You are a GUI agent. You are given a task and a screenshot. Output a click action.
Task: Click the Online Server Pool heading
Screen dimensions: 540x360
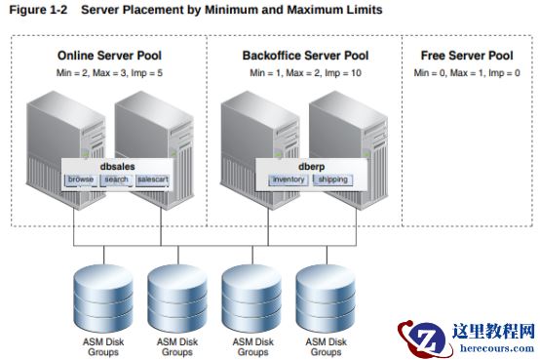point(109,56)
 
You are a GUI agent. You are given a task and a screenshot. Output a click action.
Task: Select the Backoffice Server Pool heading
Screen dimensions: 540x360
point(305,56)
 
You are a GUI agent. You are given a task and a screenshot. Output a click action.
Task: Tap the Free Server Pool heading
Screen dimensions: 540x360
point(467,56)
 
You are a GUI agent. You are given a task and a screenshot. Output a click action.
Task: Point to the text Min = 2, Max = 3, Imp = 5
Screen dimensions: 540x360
point(109,73)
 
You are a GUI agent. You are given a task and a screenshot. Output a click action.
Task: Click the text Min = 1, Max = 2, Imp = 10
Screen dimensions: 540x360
point(305,73)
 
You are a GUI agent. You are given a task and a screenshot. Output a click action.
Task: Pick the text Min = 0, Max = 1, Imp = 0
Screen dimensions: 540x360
point(467,73)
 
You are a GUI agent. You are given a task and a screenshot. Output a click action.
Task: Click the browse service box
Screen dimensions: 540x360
point(81,180)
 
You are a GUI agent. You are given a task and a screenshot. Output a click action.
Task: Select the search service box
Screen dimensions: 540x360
point(116,180)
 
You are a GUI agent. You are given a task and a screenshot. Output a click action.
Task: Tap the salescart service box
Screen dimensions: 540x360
point(153,180)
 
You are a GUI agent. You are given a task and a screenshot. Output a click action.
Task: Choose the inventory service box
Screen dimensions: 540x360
point(289,180)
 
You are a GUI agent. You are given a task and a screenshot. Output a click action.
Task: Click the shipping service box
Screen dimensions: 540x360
point(333,180)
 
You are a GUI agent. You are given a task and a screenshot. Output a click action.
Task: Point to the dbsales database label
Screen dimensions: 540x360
point(117,167)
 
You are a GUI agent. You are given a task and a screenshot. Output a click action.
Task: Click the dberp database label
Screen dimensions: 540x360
point(311,167)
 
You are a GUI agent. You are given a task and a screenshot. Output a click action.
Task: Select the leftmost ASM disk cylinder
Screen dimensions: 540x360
point(103,299)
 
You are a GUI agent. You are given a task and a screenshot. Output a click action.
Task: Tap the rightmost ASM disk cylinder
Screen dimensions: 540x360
point(326,299)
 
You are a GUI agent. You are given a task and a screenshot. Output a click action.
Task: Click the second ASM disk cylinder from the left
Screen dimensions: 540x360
point(177,299)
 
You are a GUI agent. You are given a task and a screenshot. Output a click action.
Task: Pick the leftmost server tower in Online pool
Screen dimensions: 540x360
point(66,150)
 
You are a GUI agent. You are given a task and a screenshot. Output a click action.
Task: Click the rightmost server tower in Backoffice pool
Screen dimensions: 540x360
point(349,150)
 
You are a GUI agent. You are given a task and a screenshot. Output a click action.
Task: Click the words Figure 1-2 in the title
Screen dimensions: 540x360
point(38,10)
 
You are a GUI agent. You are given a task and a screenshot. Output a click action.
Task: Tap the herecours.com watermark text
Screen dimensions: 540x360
point(497,347)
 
